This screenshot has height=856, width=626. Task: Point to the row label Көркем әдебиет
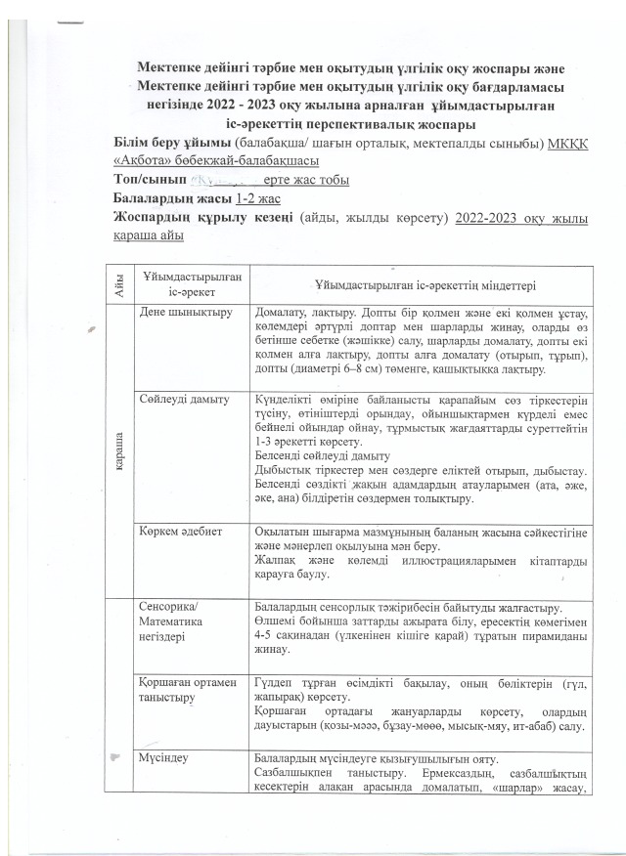[x=183, y=531]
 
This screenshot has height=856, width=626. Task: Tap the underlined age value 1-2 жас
[x=248, y=197]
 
